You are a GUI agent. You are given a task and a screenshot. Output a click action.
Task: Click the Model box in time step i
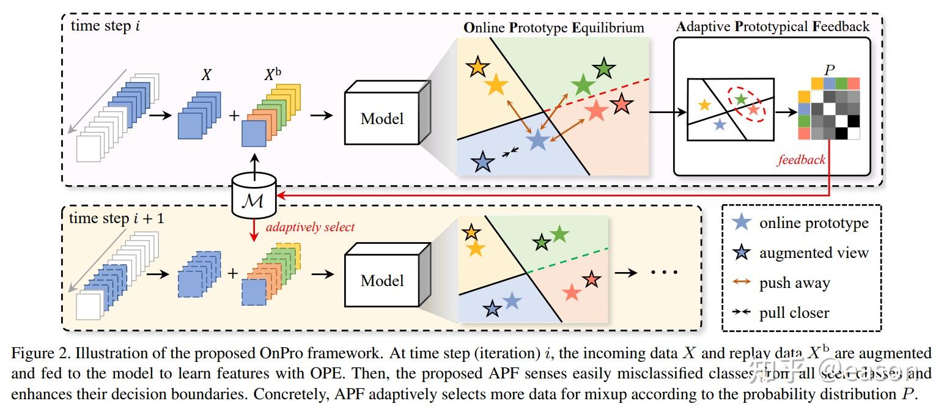click(x=382, y=117)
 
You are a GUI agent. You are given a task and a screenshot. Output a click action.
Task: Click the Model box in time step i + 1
click(x=382, y=281)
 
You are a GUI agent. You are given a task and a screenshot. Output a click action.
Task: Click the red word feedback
click(x=801, y=160)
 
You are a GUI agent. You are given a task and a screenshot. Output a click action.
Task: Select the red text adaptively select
click(x=310, y=227)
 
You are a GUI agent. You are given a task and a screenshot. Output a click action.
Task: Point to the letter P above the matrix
click(x=829, y=70)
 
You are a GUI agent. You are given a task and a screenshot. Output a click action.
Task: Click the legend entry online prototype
click(x=813, y=223)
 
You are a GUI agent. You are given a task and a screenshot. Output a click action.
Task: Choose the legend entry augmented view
click(x=813, y=253)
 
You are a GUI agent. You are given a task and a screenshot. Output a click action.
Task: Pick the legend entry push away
click(x=794, y=283)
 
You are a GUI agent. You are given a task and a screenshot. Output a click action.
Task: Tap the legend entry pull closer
click(x=794, y=313)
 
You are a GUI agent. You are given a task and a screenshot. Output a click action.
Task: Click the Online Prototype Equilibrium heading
click(x=554, y=28)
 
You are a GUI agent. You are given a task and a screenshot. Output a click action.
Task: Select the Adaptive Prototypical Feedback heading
click(x=772, y=26)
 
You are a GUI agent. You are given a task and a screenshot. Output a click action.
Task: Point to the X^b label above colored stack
click(x=273, y=75)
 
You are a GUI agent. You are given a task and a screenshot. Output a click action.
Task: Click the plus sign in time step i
click(x=234, y=116)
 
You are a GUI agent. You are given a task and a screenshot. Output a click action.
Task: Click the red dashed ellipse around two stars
click(x=747, y=103)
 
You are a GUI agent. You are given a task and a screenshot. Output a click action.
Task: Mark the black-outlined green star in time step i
click(x=603, y=68)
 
